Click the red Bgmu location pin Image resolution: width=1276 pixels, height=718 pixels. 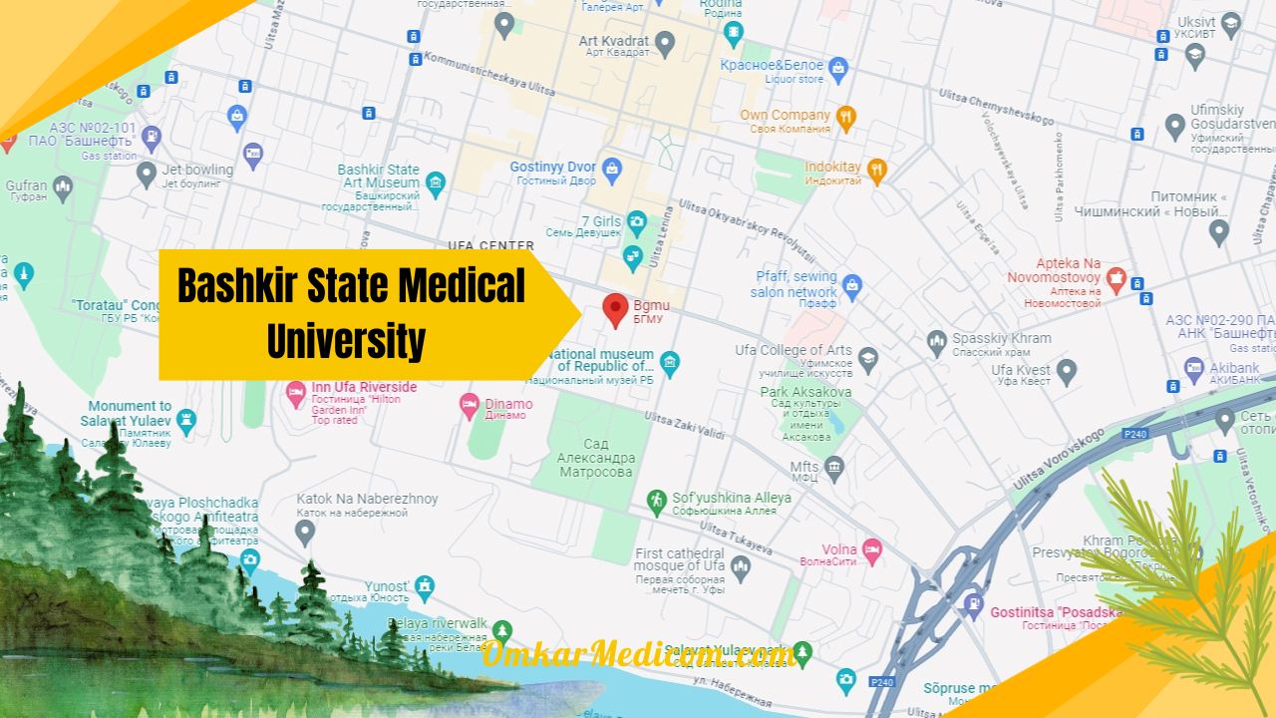pos(615,309)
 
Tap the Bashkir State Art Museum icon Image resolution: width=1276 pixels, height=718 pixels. pos(435,181)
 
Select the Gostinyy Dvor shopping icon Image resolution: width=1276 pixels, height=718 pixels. pos(612,167)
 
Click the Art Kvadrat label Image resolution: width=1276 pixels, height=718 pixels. pos(613,41)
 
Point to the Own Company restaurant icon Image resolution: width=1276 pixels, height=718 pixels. pos(845,116)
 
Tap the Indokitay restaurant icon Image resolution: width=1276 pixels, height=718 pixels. pos(876,168)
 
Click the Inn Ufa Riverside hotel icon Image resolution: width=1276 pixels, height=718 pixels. pos(295,393)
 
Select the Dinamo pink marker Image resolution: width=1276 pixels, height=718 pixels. pos(469,405)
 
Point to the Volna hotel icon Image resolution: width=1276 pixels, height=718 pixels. pos(872,549)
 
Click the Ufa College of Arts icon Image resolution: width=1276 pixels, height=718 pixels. pos(868,358)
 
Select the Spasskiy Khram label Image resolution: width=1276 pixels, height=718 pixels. pos(1001,338)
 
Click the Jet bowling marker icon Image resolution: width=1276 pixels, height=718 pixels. pos(147,175)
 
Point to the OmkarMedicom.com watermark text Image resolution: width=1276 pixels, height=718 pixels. pos(638,654)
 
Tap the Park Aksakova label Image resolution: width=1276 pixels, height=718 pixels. pos(805,392)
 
